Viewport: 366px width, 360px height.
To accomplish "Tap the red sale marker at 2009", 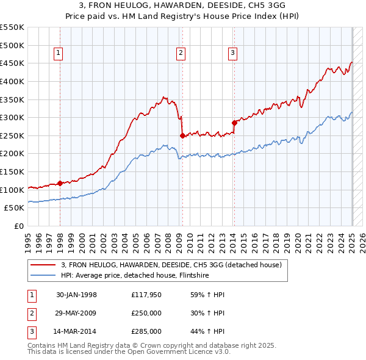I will [182, 135].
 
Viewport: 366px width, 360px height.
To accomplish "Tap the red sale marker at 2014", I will [234, 123].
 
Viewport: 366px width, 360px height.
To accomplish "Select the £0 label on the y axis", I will [19, 226].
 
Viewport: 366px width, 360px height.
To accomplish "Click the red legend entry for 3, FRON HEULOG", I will [171, 265].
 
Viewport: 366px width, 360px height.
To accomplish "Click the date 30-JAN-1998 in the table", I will [76, 295].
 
